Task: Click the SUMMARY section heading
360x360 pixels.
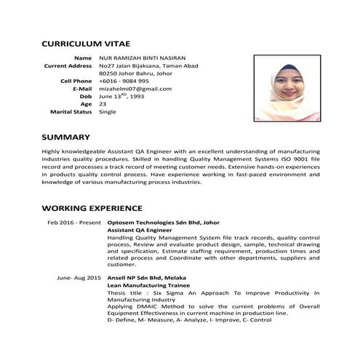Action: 65,137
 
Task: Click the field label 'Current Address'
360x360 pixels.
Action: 68,65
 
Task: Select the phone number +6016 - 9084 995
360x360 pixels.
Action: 124,81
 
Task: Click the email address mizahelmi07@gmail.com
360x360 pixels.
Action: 135,89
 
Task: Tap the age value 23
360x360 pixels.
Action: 103,104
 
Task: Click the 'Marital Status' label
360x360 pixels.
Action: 71,112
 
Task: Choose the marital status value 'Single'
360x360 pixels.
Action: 108,112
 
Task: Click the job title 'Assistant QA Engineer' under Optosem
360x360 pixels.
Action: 140,230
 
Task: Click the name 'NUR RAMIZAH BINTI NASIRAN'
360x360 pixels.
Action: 144,57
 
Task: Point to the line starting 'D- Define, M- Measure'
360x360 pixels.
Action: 180,319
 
